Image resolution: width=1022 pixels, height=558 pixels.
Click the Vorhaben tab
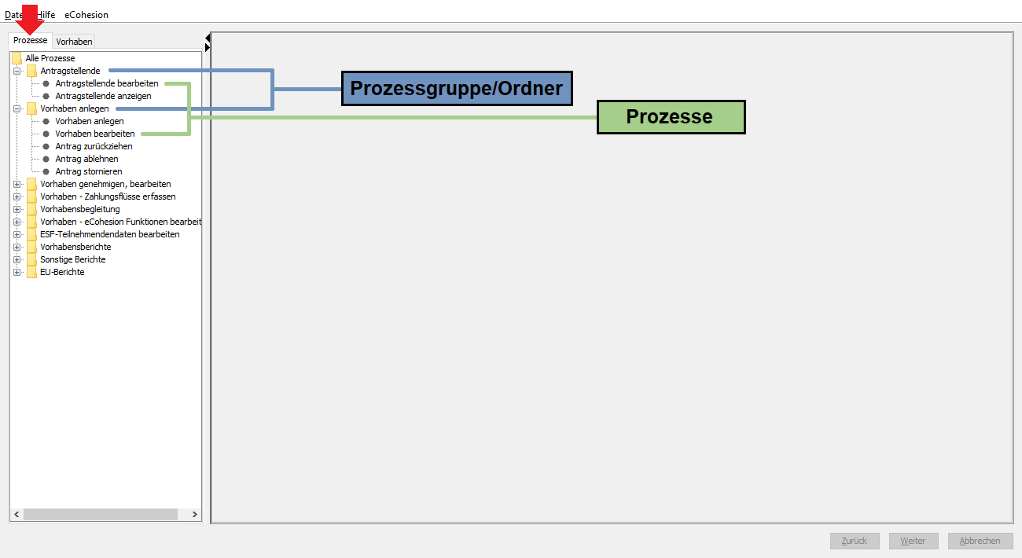click(74, 42)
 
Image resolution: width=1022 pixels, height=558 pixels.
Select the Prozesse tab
click(30, 40)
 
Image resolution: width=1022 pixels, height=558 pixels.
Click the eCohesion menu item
click(86, 15)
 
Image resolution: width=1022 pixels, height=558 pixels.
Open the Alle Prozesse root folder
click(50, 58)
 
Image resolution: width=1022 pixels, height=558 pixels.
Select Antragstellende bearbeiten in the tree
click(107, 83)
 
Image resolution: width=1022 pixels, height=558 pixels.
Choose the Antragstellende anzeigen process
click(103, 96)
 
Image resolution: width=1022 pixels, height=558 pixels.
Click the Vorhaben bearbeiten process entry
click(95, 134)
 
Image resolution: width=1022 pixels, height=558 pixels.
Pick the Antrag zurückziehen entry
click(94, 146)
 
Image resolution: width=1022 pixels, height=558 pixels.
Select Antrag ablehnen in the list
click(86, 159)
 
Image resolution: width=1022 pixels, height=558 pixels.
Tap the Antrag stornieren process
click(89, 171)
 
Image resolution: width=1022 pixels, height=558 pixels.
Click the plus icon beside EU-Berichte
click(17, 273)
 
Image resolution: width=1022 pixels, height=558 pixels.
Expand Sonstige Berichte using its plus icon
click(17, 259)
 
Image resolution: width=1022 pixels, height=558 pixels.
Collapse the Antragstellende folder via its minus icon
click(17, 71)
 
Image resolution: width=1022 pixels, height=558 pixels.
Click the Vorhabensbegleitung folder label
click(80, 209)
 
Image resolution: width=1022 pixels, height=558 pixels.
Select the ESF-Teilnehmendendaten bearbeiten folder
click(109, 234)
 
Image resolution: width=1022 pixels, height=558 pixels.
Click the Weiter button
click(914, 541)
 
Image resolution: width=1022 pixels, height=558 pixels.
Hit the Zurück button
click(855, 541)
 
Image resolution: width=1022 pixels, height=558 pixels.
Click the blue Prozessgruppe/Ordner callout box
click(457, 89)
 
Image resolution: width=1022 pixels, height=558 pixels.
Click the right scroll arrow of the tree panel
click(194, 514)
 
